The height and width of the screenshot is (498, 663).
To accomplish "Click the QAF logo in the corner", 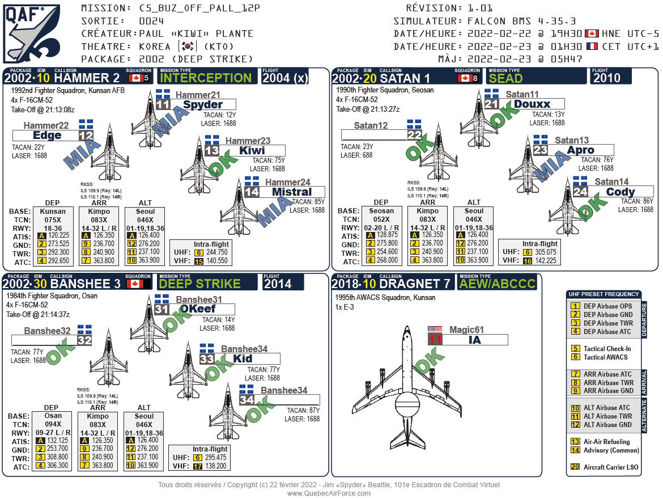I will [x=33, y=33].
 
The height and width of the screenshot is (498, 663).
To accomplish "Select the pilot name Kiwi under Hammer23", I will [x=252, y=151].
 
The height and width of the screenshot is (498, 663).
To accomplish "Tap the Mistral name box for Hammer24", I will [x=292, y=192].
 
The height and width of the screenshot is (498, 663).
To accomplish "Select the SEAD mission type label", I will [x=505, y=78].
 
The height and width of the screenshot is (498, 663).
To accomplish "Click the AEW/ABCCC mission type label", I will [x=498, y=284].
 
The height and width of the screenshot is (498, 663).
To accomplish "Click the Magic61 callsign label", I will [x=466, y=330].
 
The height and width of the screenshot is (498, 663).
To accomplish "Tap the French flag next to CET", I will [x=592, y=47].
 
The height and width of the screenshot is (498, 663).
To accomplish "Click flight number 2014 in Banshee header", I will [x=278, y=284].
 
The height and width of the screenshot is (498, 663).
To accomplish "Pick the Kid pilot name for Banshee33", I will [x=243, y=359].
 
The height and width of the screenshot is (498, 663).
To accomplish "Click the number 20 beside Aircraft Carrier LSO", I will [x=575, y=467].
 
